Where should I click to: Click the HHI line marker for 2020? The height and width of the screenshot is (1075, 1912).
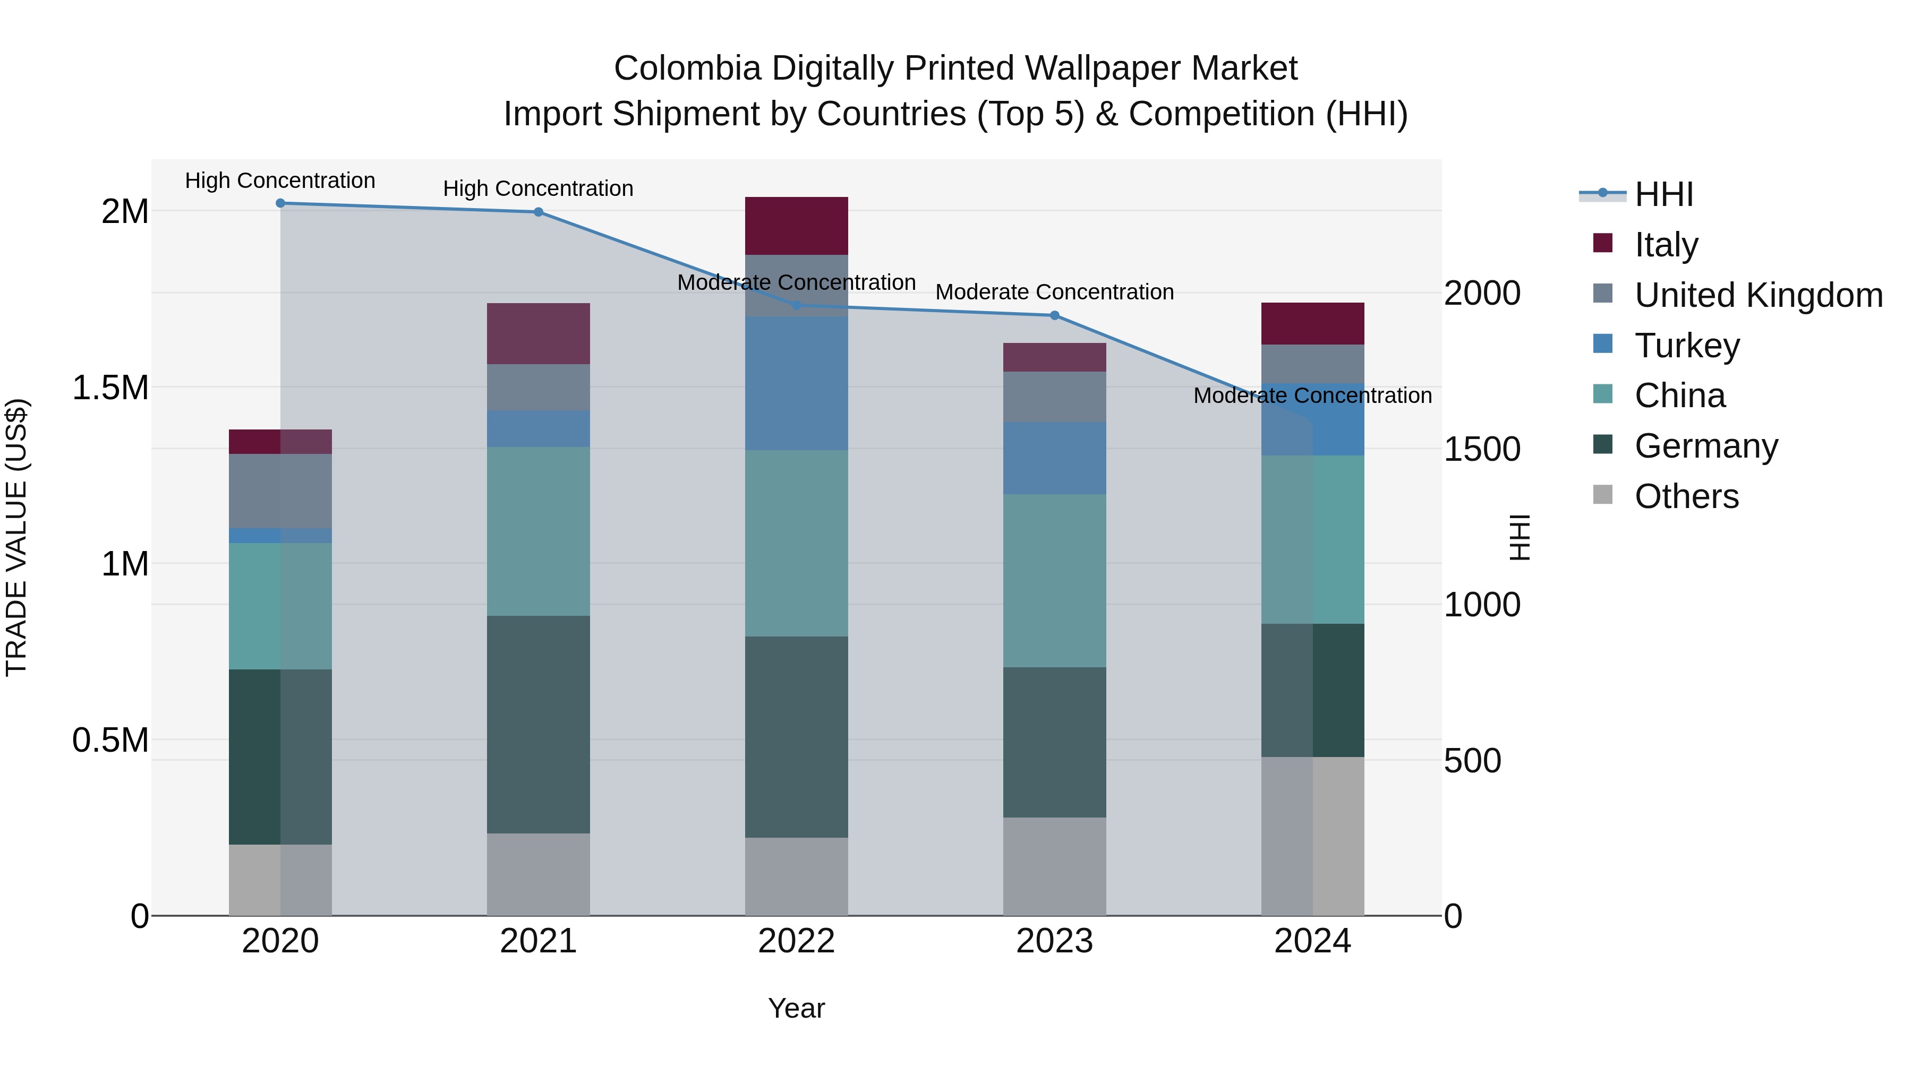click(280, 203)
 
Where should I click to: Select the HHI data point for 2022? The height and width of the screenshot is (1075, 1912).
click(797, 305)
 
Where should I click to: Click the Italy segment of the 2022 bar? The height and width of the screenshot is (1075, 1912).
click(797, 226)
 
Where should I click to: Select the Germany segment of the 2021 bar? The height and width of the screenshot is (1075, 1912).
click(538, 724)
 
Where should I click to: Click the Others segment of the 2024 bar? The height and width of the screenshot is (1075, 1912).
click(1312, 836)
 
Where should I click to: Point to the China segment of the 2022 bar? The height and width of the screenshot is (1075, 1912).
click(797, 543)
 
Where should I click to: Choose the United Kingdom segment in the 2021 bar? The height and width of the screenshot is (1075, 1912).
click(538, 388)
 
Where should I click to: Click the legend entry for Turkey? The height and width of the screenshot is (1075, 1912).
click(1686, 346)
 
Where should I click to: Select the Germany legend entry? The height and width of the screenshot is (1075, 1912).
click(1705, 446)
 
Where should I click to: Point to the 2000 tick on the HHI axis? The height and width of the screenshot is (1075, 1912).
click(1481, 294)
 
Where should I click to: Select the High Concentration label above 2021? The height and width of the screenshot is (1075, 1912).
click(538, 188)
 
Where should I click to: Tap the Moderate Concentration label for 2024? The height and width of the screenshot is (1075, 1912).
click(1312, 396)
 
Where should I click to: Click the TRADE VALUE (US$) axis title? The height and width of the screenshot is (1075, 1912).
click(16, 537)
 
